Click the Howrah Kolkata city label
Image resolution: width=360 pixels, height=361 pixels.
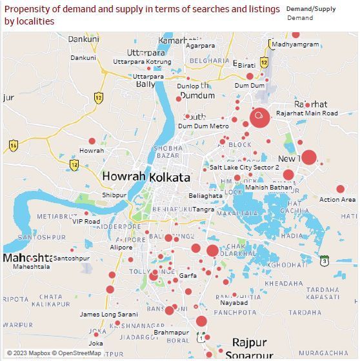146,177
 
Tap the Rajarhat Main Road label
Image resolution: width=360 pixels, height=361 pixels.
306,113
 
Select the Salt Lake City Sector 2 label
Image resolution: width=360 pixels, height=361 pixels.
245,167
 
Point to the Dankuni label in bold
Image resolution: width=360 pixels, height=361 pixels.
84,39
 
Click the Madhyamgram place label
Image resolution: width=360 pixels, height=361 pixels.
295,44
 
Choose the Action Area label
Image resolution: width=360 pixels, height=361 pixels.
337,200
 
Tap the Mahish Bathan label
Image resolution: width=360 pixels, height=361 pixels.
268,188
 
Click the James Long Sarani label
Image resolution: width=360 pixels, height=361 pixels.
108,315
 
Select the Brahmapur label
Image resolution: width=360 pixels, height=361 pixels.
172,333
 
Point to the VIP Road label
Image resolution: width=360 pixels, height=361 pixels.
86,221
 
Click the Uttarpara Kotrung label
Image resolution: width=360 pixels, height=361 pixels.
142,62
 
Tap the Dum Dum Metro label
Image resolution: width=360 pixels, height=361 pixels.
203,126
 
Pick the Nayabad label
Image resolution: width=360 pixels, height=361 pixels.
234,302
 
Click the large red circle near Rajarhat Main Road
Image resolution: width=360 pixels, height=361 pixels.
259,117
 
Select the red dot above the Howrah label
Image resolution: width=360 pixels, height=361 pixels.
92,141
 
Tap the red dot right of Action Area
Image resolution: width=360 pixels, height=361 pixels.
340,189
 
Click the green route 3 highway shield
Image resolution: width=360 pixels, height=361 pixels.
324,260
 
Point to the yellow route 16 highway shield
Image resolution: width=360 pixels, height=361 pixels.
14,146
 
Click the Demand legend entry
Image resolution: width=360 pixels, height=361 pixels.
300,18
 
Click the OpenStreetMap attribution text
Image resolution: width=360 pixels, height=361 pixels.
77,353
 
